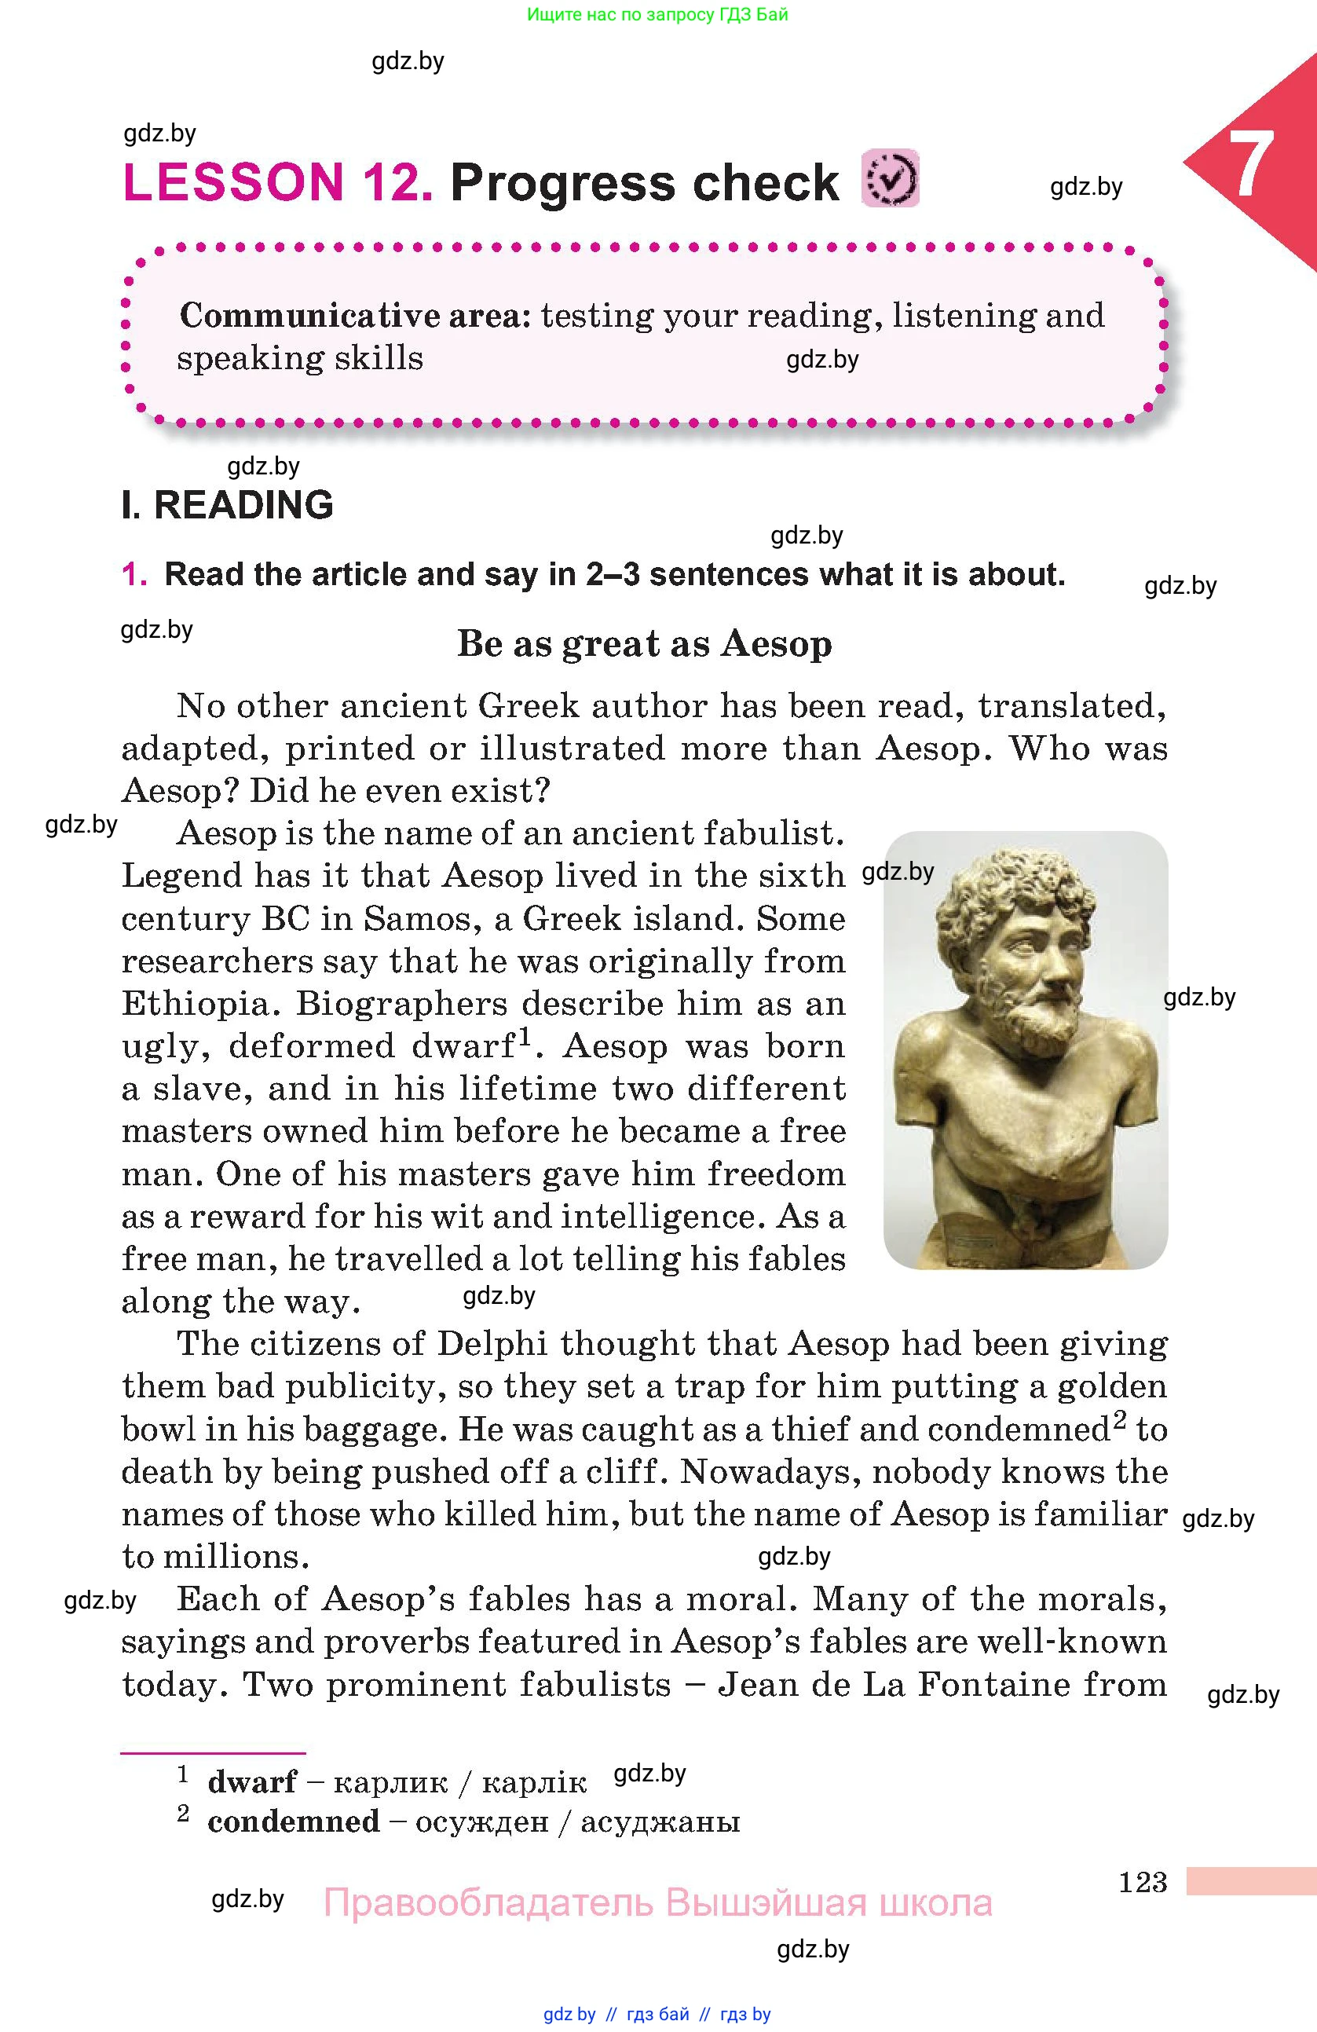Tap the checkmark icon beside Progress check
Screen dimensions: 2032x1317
891,178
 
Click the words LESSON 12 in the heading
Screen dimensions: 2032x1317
277,183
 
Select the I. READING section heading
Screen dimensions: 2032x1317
227,504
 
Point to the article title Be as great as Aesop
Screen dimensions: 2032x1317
645,644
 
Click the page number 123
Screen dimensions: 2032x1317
1142,1882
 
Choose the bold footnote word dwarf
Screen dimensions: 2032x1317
252,1782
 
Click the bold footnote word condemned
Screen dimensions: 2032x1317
294,1822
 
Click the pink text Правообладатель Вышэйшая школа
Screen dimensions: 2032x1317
657,1903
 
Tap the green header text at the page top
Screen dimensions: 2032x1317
657,14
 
